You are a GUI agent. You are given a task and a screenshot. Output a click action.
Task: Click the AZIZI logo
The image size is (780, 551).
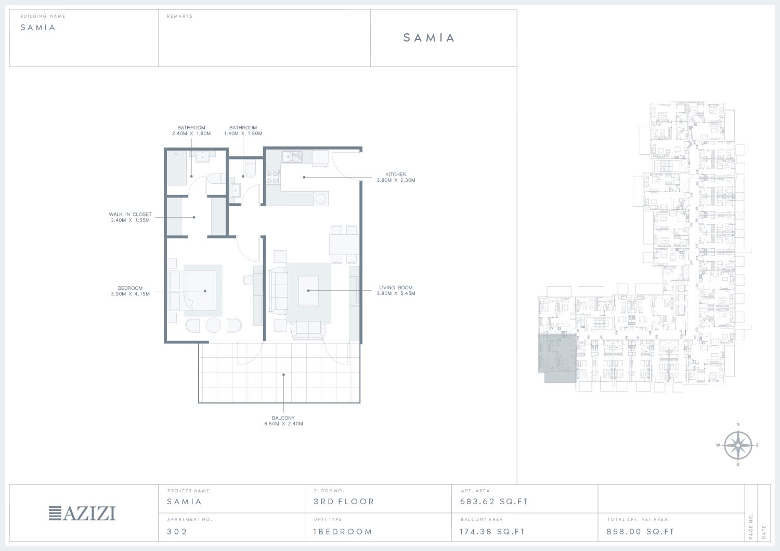(82, 514)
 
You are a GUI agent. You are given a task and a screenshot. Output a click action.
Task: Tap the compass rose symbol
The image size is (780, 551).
(738, 445)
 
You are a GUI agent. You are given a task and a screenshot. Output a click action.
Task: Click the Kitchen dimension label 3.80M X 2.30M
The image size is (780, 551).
(396, 180)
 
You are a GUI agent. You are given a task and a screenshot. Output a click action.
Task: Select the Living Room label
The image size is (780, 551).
(396, 288)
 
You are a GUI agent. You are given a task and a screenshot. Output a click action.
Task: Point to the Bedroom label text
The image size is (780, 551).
(130, 288)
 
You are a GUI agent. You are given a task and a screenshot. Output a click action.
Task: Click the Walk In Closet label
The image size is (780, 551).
(130, 214)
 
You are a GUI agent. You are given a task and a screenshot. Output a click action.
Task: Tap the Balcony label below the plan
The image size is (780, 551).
(283, 418)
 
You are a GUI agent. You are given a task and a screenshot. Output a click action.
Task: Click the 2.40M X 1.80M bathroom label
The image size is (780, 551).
(191, 133)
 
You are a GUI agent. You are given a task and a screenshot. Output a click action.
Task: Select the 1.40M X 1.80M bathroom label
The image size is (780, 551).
(243, 133)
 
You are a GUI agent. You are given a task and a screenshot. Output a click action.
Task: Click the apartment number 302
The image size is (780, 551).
(177, 531)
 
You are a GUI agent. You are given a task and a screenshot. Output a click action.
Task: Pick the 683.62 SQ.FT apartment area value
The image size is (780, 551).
(494, 501)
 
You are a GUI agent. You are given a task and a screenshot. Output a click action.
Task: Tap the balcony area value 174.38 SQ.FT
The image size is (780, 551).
(492, 531)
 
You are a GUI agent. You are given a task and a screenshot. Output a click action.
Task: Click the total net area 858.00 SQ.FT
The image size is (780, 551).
(640, 531)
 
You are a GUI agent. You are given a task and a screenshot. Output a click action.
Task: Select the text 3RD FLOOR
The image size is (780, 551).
(344, 501)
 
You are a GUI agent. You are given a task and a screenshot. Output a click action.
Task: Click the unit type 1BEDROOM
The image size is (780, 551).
(343, 531)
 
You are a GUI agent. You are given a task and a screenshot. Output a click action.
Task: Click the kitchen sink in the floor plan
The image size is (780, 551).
(292, 157)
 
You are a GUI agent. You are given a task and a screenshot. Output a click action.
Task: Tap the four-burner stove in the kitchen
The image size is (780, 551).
(272, 177)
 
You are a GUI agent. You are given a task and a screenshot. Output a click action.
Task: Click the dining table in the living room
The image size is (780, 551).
(344, 244)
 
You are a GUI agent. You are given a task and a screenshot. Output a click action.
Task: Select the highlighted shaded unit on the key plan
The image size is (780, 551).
(557, 358)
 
